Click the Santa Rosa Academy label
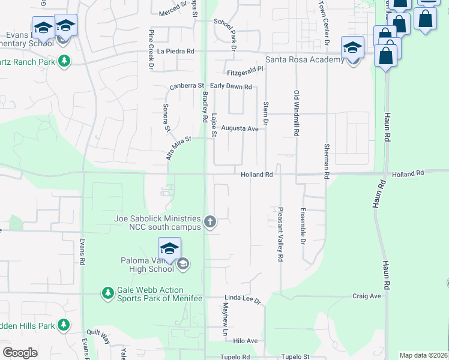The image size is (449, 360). tap(304, 59)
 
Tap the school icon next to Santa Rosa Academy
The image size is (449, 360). tap(352, 47)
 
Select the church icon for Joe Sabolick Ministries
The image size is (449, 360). tap(210, 223)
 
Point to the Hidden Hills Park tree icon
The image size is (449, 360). tap(64, 326)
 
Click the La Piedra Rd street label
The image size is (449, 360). tap(176, 52)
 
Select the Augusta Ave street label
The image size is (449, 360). tap(240, 128)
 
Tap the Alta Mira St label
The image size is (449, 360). tap(178, 148)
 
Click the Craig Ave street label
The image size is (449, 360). tap(367, 296)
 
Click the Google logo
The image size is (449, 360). tap(20, 353)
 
